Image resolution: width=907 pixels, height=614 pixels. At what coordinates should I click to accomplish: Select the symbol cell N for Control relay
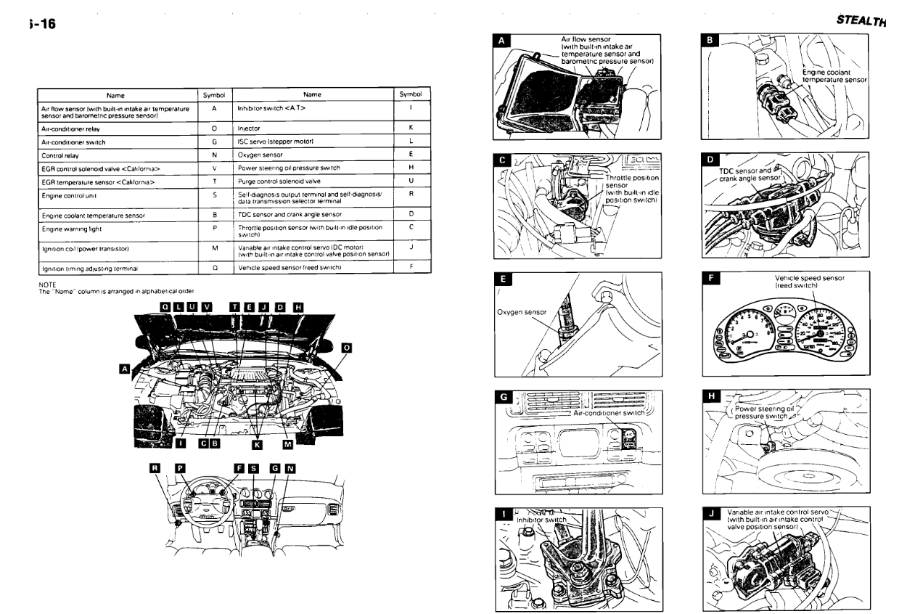[215, 155]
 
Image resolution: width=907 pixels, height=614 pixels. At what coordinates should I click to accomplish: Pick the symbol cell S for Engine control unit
[215, 196]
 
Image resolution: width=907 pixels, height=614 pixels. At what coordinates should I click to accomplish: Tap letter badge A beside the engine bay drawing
[125, 369]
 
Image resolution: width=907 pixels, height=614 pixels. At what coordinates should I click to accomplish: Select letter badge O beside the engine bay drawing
[346, 348]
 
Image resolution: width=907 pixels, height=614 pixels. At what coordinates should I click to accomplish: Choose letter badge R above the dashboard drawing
[153, 468]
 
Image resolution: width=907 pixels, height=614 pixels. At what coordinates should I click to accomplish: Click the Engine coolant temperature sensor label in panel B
[834, 75]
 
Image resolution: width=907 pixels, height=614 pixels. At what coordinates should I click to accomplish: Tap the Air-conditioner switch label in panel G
[609, 412]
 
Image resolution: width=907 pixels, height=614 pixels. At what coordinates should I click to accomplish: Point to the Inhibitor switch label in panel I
[540, 520]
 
